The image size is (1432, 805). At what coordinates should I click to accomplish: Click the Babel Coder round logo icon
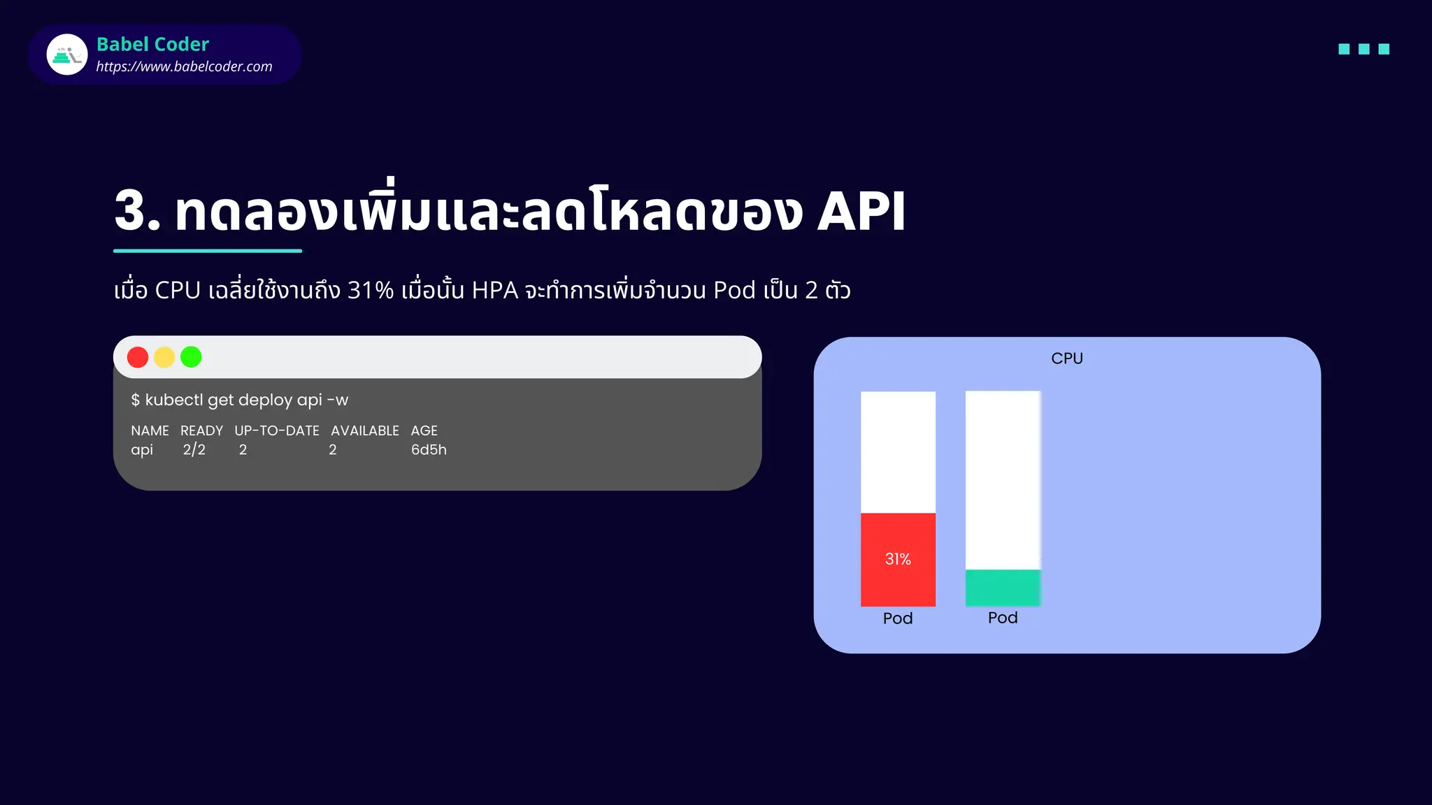pos(67,55)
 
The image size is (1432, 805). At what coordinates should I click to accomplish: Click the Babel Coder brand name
pos(152,44)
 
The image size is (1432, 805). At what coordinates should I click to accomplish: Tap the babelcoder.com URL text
pos(184,66)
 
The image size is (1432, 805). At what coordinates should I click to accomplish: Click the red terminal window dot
pos(138,357)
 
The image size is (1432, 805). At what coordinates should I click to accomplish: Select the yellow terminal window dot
pos(164,357)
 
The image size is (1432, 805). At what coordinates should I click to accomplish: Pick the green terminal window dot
pos(191,357)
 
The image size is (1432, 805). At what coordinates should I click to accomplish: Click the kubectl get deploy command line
pos(239,400)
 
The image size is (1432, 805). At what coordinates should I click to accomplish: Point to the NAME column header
pos(150,430)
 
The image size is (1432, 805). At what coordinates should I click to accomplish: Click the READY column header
pos(201,430)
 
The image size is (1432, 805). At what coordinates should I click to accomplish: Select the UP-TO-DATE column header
pos(277,430)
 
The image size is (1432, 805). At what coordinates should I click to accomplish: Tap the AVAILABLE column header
pos(365,430)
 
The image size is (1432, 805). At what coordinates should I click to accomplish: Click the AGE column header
pos(424,430)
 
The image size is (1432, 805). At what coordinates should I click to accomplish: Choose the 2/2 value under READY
pos(194,449)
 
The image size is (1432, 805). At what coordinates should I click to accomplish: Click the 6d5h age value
pos(429,449)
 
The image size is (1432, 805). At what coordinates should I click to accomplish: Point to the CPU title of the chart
pos(1067,358)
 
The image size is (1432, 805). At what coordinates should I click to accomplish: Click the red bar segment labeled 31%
pos(898,559)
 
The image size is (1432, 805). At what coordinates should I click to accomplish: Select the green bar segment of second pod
pos(1003,588)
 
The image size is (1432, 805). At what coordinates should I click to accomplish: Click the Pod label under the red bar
pos(898,618)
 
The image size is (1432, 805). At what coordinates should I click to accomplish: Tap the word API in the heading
pos(861,211)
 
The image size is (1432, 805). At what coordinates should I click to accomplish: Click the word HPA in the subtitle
pos(495,290)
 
